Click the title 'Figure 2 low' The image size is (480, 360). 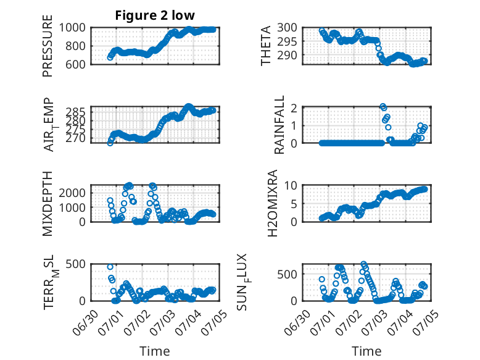[x=155, y=15]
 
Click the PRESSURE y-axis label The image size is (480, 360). [x=48, y=46]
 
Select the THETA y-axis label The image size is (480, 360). [x=266, y=46]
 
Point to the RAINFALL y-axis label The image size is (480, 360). [x=279, y=125]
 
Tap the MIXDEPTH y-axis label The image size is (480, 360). [x=48, y=204]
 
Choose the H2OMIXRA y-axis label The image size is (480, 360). [x=272, y=203]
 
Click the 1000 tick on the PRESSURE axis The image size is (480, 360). [x=72, y=28]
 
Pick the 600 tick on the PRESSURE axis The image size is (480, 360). [x=76, y=64]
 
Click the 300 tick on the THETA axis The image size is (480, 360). [x=287, y=28]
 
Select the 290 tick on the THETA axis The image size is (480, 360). [x=287, y=55]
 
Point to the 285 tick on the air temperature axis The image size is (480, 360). [x=76, y=112]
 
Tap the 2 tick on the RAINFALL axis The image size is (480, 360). [x=294, y=108]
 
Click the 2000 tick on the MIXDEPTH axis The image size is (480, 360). [x=72, y=193]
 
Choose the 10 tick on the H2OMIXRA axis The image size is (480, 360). [x=291, y=185]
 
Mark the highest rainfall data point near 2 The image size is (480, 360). [x=383, y=106]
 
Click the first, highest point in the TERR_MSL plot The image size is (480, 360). [x=110, y=267]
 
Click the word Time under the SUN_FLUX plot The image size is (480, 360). [x=366, y=351]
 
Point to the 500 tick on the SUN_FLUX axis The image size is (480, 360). [x=287, y=274]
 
